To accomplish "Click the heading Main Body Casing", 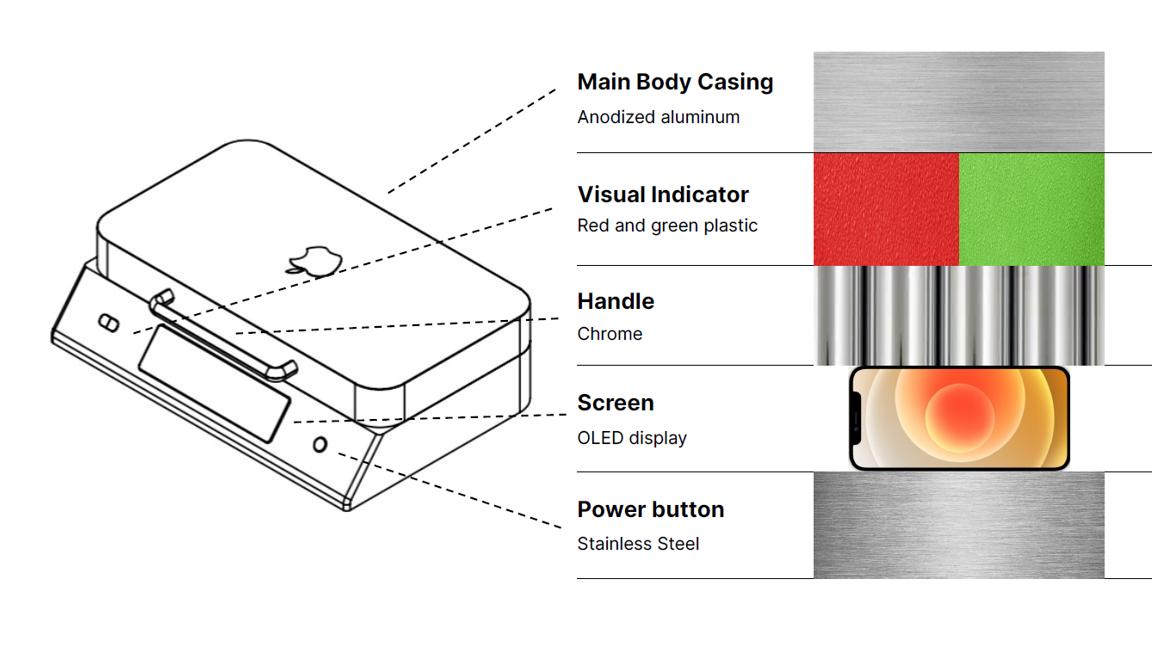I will (x=675, y=82).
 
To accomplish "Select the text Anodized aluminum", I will (x=659, y=117).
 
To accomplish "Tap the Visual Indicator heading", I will (x=663, y=194).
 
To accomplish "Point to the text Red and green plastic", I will (x=667, y=225).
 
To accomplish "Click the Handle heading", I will (x=616, y=301).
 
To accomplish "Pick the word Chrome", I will (x=610, y=334).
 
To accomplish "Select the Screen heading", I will (x=616, y=403).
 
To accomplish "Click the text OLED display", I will (x=632, y=438).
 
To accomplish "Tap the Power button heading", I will (x=650, y=509).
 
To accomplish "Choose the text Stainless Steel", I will (x=638, y=544).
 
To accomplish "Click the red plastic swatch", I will (x=886, y=209).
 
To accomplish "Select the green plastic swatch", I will (x=1031, y=209).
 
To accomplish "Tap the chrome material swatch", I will (x=958, y=315).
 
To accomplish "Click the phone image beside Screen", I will (x=959, y=419).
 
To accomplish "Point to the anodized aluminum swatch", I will (x=958, y=102).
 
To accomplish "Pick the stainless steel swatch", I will (x=958, y=525).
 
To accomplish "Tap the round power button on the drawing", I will (x=320, y=445).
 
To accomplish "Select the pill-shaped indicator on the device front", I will (x=109, y=323).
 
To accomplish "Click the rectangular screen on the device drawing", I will (x=214, y=381).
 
